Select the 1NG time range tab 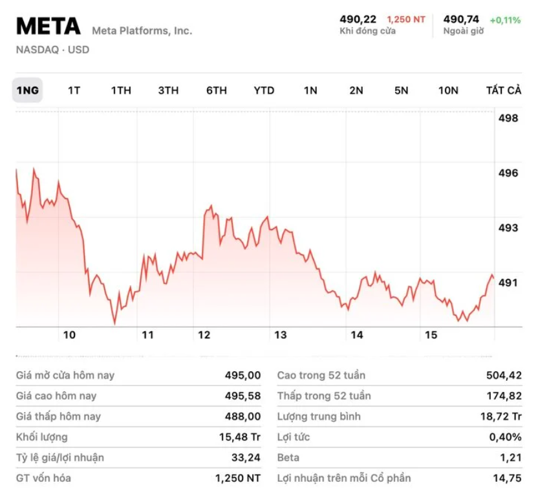coord(27,90)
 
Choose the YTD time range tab coord(264,90)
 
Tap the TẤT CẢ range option coord(503,90)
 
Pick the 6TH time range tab coord(217,90)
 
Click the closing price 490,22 coord(358,19)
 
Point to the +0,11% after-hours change coord(505,20)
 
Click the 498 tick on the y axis coord(508,118)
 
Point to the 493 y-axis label coord(508,228)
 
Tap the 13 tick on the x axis coord(280,335)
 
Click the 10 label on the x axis coord(69,335)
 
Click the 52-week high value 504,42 coord(503,375)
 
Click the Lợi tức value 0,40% coord(505,437)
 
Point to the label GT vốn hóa coord(43,478)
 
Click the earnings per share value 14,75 coord(508,478)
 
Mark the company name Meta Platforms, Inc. coord(142,30)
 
